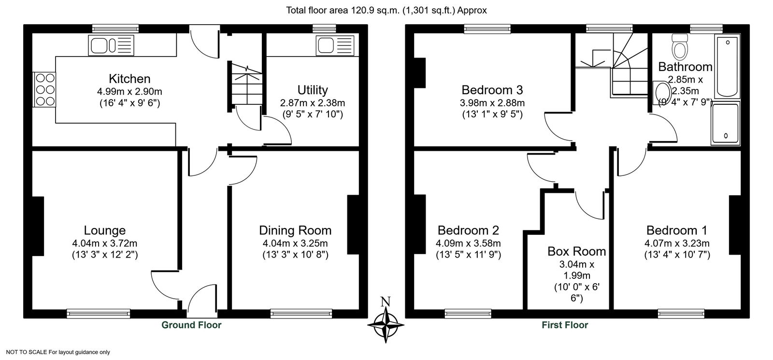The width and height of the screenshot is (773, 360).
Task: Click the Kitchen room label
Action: point(129,79)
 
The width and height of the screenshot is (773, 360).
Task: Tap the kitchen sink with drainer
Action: point(111,45)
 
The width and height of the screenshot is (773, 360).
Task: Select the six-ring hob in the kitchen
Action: point(45,89)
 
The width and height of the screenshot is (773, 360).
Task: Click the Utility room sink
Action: point(335,45)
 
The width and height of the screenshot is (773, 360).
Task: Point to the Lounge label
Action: point(104,230)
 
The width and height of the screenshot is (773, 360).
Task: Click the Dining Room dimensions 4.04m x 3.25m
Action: point(295,244)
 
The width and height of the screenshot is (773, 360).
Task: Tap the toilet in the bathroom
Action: point(680,48)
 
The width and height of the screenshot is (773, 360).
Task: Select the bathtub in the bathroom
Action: point(727,67)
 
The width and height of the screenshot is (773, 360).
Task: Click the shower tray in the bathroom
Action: point(725,123)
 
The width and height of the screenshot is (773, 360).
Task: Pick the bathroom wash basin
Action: point(661,93)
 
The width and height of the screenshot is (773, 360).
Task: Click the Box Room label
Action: point(577,252)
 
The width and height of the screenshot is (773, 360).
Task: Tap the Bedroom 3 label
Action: point(492,90)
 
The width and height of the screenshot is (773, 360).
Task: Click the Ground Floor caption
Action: point(191,325)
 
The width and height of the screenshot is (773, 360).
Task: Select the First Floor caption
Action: point(565,325)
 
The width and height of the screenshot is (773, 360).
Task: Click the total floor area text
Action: point(386,10)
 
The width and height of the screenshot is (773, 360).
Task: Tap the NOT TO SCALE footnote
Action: point(58,352)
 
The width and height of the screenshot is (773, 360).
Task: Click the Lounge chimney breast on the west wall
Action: point(38,226)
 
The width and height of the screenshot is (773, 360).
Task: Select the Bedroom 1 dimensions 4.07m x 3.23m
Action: point(677,244)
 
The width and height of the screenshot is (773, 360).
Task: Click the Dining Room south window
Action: point(301,314)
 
